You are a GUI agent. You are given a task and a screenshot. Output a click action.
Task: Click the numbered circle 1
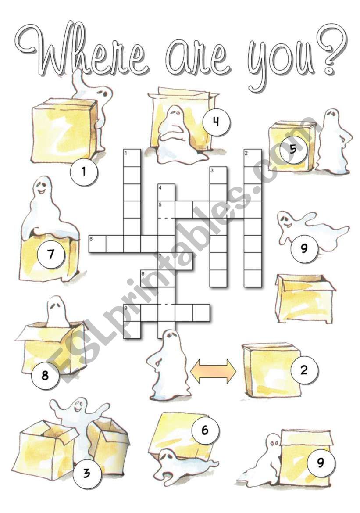point(84,172)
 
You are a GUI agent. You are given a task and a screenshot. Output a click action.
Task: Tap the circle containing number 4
point(216,122)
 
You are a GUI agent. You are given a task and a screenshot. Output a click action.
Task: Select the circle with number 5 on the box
point(293,149)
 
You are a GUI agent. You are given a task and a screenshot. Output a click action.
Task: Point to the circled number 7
point(51,254)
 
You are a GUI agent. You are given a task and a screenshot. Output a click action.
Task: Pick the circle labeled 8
point(45,375)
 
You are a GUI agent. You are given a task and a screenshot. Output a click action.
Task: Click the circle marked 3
point(86,473)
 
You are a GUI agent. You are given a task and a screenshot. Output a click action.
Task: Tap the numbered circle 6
point(205,430)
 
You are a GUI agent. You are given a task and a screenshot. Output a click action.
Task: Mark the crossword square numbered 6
point(97,244)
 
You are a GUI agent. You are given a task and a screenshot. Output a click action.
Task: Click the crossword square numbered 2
point(253,158)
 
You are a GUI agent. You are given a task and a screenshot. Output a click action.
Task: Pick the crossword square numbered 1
point(132,158)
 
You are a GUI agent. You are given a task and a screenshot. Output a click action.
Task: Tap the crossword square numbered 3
point(218,175)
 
